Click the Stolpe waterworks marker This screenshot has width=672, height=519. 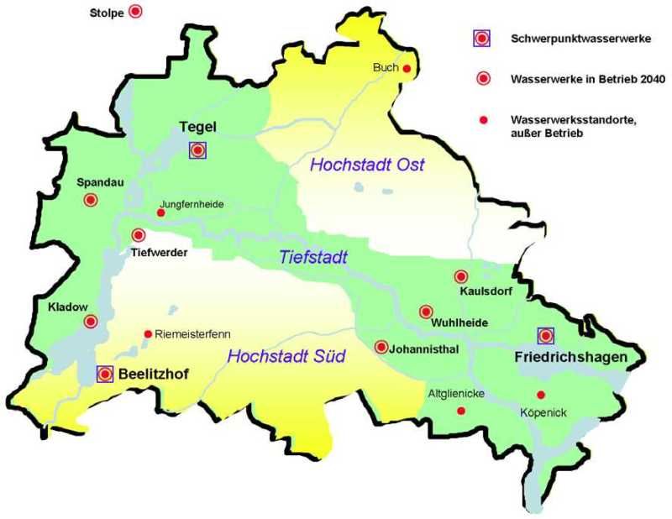(x=134, y=12)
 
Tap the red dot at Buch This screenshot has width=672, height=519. (x=407, y=69)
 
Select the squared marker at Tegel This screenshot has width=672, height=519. (x=197, y=150)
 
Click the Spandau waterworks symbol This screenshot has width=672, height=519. (x=91, y=200)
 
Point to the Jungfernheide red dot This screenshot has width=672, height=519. (x=161, y=212)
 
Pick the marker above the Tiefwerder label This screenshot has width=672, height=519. (x=139, y=236)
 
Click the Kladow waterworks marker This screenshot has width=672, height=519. (x=91, y=321)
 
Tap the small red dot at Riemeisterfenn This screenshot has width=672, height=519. (x=149, y=333)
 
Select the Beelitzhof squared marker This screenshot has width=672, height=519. (x=106, y=375)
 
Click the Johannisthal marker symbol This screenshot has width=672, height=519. (x=381, y=347)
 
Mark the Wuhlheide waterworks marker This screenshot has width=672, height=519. (x=426, y=312)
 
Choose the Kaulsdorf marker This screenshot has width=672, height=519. (x=461, y=276)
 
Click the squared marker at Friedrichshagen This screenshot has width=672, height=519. (x=546, y=336)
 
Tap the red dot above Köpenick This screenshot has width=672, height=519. (x=541, y=395)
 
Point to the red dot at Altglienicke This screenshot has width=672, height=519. (x=460, y=411)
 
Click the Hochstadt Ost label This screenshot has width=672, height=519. (x=367, y=165)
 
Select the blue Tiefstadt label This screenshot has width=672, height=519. (x=313, y=259)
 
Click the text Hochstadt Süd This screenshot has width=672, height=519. (x=286, y=356)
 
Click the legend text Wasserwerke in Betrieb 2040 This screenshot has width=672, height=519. (x=587, y=79)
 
